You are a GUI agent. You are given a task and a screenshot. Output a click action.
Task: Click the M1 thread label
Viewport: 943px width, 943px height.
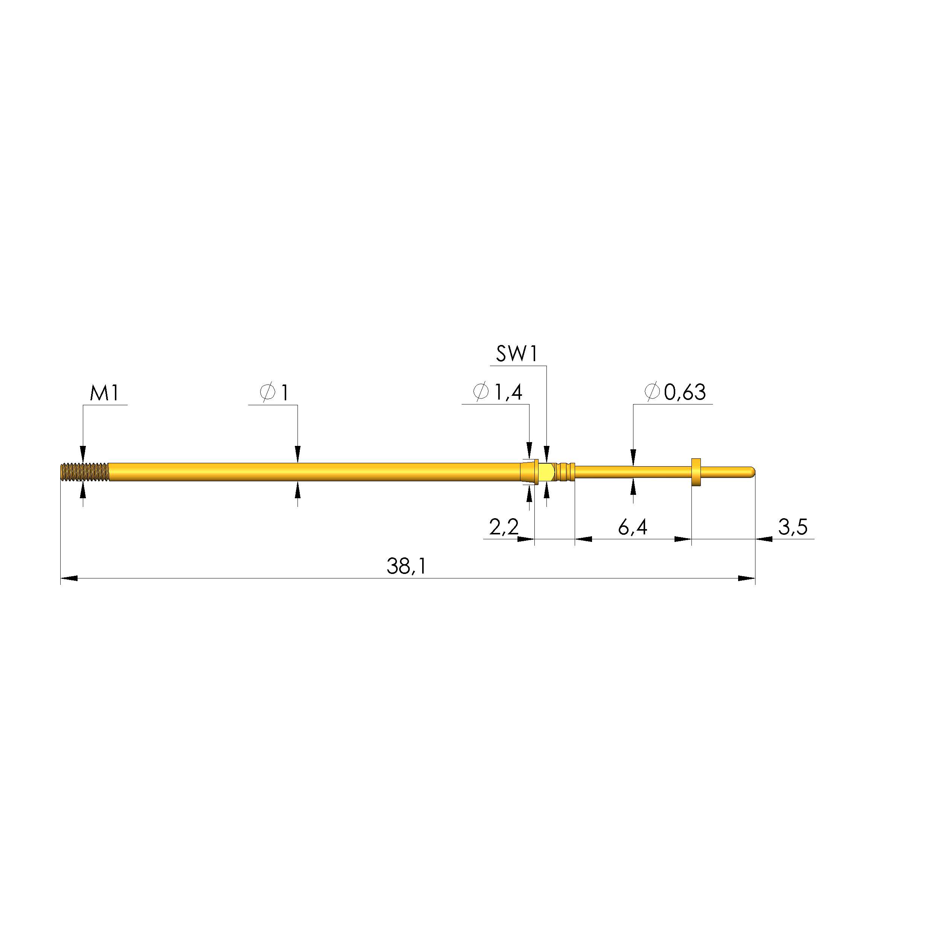click(104, 393)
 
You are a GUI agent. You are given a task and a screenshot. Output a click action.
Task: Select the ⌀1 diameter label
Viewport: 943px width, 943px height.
click(274, 392)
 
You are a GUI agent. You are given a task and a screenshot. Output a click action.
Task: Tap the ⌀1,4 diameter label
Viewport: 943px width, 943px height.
click(498, 392)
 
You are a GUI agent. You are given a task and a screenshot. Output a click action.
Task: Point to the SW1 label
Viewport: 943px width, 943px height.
click(517, 354)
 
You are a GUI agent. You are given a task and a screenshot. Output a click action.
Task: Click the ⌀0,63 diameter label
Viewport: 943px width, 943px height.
click(675, 392)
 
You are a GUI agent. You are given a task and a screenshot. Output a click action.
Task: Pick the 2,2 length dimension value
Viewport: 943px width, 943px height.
click(504, 527)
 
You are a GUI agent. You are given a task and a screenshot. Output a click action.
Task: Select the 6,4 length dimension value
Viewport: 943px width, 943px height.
click(633, 527)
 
